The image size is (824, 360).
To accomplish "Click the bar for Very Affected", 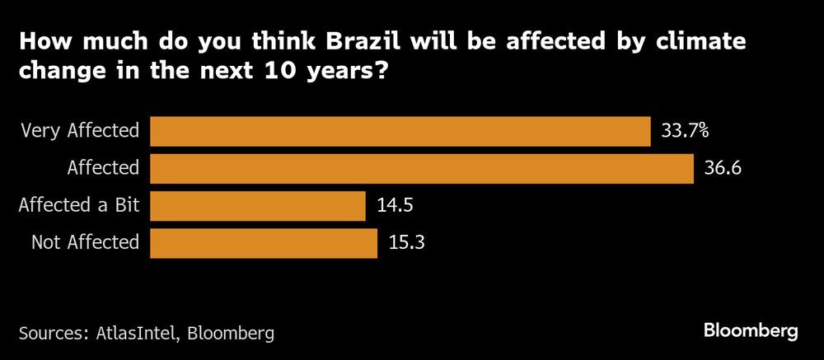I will (400, 131).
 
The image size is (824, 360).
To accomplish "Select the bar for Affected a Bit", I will (257, 206).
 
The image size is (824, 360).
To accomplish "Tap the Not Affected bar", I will (263, 243).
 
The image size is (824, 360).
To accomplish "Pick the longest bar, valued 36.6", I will (421, 168).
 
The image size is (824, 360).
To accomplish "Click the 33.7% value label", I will (685, 130).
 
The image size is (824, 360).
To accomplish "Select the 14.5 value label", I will (394, 206).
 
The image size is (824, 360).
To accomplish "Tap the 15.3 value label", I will (406, 243).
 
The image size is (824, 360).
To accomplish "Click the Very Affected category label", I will (80, 131).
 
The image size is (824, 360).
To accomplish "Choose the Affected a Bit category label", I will (79, 206).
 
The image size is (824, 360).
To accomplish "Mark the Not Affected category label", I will (86, 243).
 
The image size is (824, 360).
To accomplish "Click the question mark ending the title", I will (381, 72).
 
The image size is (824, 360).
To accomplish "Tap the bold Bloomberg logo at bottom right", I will (751, 331).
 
